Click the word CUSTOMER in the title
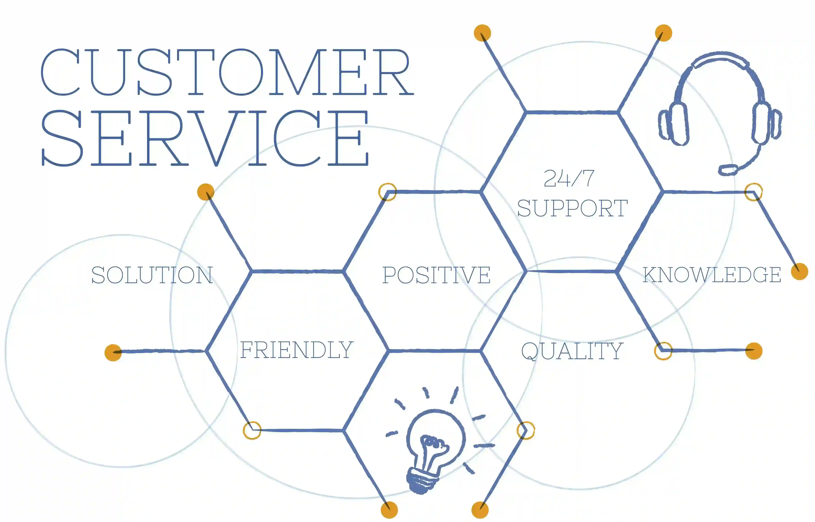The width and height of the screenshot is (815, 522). pyautogui.click(x=227, y=72)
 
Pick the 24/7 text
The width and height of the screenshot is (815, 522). pyautogui.click(x=569, y=178)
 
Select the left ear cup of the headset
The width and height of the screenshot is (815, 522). pyautogui.click(x=674, y=124)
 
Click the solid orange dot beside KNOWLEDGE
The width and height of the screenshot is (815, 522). pyautogui.click(x=799, y=271)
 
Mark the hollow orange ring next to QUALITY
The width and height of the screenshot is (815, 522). pyautogui.click(x=663, y=351)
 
